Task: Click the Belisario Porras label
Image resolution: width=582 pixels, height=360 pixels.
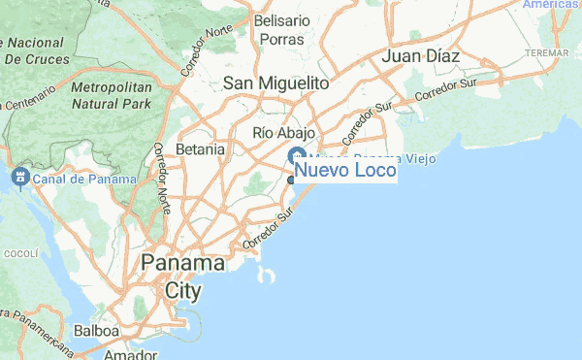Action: coord(280,29)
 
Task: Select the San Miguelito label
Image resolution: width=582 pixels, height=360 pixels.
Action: coord(276,84)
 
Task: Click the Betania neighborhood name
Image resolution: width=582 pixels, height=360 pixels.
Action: coord(201,150)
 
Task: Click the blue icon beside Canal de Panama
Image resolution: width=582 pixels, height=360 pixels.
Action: coord(18,178)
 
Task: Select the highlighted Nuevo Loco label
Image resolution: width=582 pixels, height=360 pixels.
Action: coord(344,172)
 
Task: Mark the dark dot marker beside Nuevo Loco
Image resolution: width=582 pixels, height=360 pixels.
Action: coord(291,180)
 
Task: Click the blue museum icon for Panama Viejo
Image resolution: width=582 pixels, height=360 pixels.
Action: coord(298,157)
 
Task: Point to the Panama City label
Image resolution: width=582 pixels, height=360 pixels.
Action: coord(182,277)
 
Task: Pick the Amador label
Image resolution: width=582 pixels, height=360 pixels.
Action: coord(131,354)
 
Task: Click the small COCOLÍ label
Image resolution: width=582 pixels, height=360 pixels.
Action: coord(19,253)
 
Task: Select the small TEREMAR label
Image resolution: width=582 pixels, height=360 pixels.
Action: coord(545,50)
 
